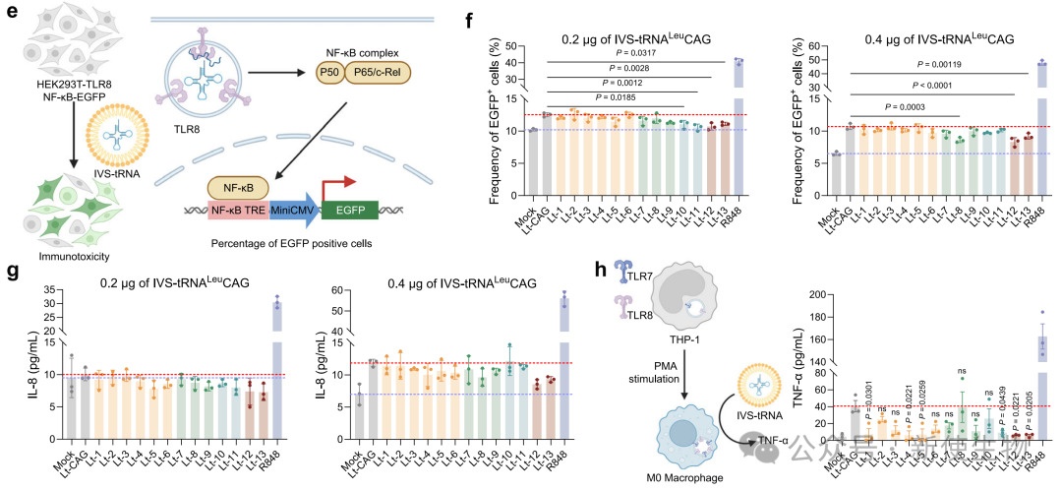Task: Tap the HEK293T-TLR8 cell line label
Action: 64,99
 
